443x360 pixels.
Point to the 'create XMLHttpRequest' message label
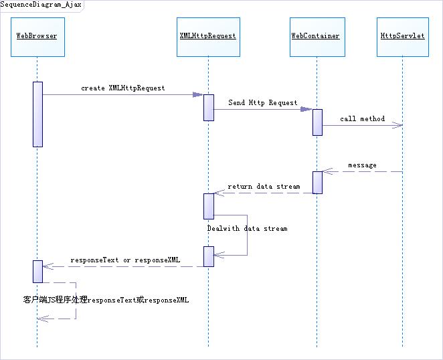tap(123, 88)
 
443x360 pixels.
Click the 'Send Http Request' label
tap(262, 103)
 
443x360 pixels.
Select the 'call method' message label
tap(362, 119)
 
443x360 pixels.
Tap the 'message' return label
tap(362, 165)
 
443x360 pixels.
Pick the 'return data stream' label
tap(264, 187)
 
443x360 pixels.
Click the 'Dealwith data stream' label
tap(247, 229)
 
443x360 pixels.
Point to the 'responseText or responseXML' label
tap(125, 260)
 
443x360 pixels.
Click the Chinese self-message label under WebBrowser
tap(106, 300)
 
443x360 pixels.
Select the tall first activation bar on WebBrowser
tap(37, 114)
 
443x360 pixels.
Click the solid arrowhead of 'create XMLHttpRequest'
tap(199, 95)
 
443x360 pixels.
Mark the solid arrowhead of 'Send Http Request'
tap(306, 109)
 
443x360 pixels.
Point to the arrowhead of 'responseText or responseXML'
tap(46, 266)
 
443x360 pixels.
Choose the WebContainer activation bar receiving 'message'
tap(317, 182)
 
